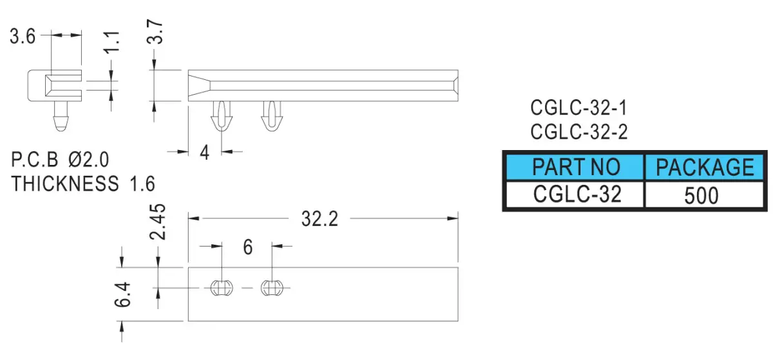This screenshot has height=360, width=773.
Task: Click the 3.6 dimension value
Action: click(x=23, y=36)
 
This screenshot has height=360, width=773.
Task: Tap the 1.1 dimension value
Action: click(x=112, y=42)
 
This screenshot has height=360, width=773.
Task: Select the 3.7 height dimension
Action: click(x=155, y=32)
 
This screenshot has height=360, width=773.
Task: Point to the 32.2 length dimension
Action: click(x=320, y=219)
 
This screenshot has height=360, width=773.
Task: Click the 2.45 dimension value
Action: click(x=157, y=222)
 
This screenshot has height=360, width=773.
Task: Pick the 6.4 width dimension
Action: click(x=123, y=294)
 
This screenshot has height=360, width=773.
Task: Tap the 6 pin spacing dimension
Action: click(x=248, y=247)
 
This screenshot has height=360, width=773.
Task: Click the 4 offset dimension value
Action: click(x=205, y=153)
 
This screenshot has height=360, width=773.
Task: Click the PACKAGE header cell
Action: click(x=704, y=167)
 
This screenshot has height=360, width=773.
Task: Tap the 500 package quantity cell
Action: click(x=704, y=194)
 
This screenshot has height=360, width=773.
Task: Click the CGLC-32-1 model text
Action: click(x=578, y=108)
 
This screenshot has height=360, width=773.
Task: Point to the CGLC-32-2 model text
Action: click(x=578, y=132)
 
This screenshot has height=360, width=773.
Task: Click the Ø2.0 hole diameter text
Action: click(x=89, y=160)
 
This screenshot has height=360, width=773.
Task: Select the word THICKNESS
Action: click(x=65, y=184)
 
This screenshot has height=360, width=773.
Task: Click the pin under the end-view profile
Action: click(x=61, y=117)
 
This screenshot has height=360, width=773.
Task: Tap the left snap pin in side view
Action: click(x=221, y=116)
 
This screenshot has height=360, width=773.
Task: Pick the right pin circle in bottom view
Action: click(x=272, y=288)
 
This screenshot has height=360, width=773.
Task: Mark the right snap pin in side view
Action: click(x=272, y=116)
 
